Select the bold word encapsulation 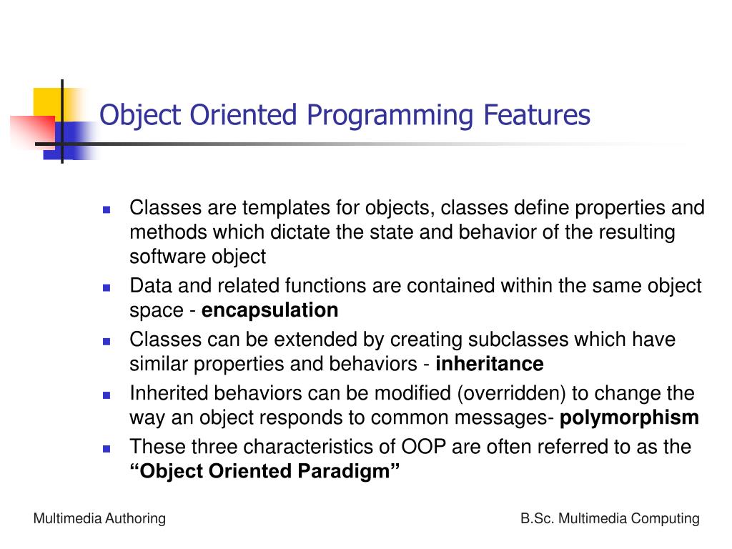click(270, 310)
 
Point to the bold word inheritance click(490, 364)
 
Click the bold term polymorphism click(630, 417)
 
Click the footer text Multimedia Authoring click(99, 519)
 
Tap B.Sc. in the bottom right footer click(537, 519)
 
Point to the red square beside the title click(30, 133)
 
